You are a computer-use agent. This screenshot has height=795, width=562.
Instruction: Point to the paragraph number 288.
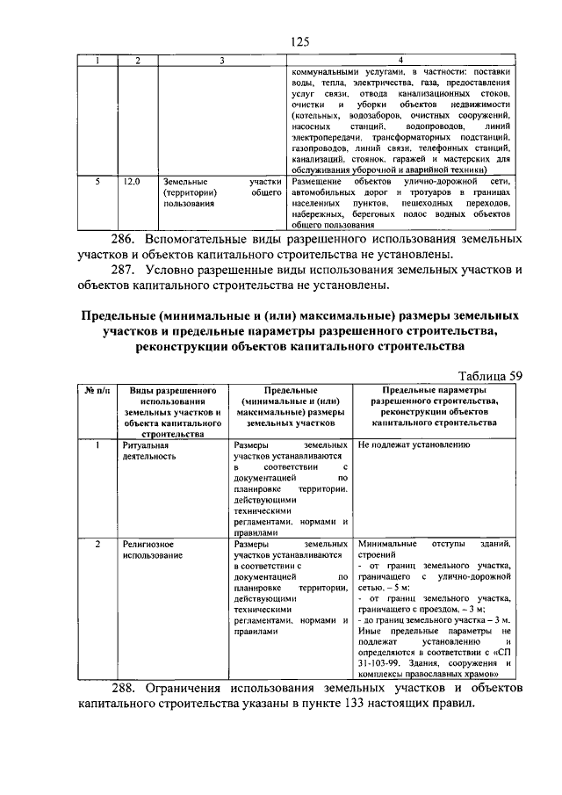point(124,687)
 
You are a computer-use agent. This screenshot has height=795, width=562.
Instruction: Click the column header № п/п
point(97,389)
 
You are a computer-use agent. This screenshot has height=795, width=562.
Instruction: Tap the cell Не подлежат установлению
point(414,445)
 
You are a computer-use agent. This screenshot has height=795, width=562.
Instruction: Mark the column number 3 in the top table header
point(222,61)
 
